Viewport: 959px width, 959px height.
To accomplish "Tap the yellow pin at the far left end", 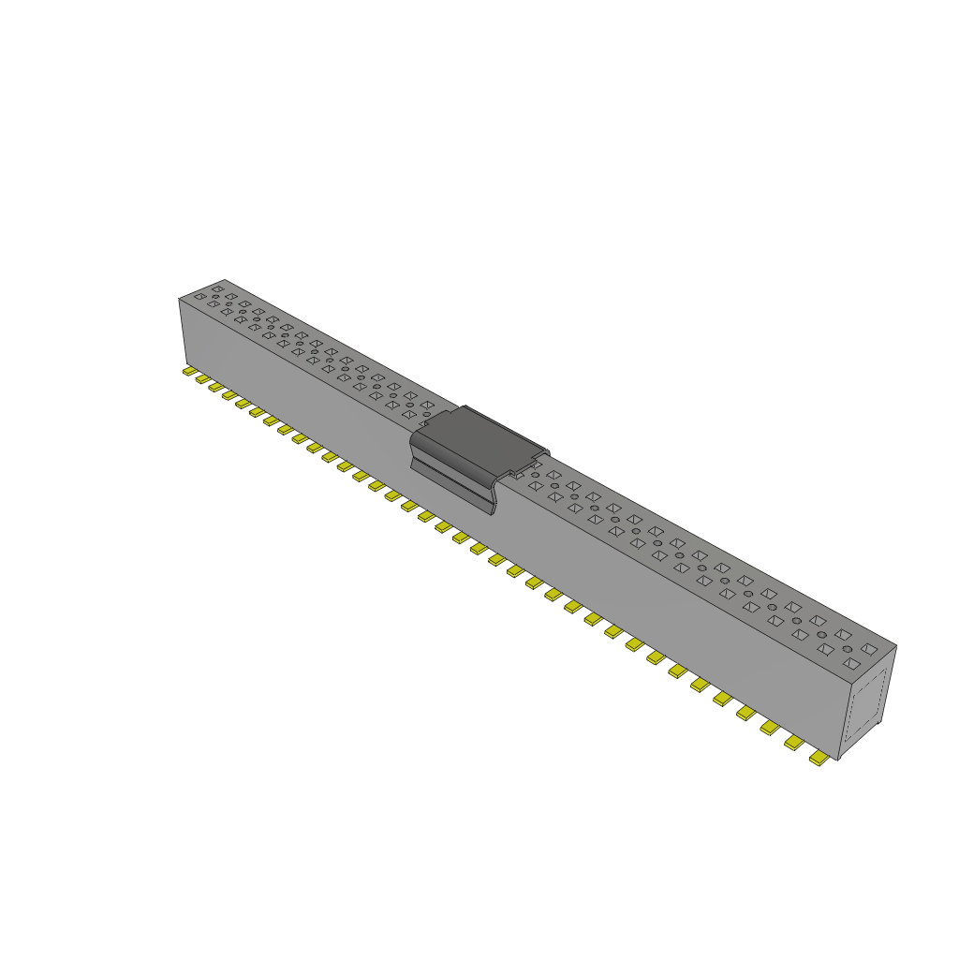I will click(188, 371).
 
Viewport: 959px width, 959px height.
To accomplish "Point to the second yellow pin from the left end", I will click(201, 378).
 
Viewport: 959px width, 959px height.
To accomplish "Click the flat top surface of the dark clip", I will click(487, 437).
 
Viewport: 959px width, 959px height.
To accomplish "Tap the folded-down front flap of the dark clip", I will click(453, 482).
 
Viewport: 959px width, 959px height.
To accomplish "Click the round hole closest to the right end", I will click(848, 649).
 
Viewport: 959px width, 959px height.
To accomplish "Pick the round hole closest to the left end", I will click(214, 298).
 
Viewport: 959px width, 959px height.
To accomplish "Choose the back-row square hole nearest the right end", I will click(869, 648).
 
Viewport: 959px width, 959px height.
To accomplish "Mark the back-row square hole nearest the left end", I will click(217, 288).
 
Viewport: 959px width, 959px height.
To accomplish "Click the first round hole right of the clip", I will click(535, 475).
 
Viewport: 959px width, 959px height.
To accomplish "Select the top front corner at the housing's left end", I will click(179, 299).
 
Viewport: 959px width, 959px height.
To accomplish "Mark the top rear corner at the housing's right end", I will click(895, 645).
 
